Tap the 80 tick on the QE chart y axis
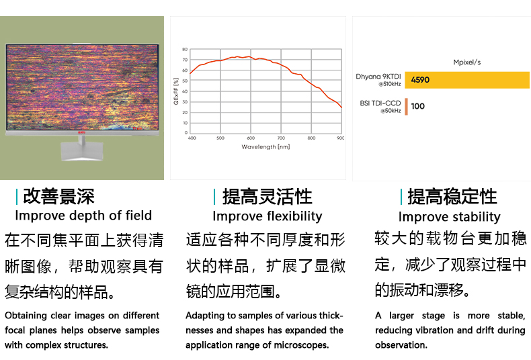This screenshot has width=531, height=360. (185, 50)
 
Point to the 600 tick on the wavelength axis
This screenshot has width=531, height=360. (251, 138)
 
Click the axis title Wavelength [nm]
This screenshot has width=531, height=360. (265, 147)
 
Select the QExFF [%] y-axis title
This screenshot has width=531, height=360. (175, 91)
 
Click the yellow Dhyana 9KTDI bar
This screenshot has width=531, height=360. (467, 80)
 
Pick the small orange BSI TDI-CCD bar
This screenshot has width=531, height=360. (407, 107)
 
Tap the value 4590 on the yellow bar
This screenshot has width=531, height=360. (420, 80)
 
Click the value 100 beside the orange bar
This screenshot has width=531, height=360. (417, 106)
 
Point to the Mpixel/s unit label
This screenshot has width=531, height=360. (467, 62)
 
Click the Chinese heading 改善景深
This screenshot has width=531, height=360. (58, 197)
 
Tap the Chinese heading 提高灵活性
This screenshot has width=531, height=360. (268, 197)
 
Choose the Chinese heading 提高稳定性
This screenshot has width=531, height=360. (452, 197)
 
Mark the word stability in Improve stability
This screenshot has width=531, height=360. (473, 217)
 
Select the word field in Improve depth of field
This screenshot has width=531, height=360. (138, 216)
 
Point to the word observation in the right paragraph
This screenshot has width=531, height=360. (401, 345)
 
